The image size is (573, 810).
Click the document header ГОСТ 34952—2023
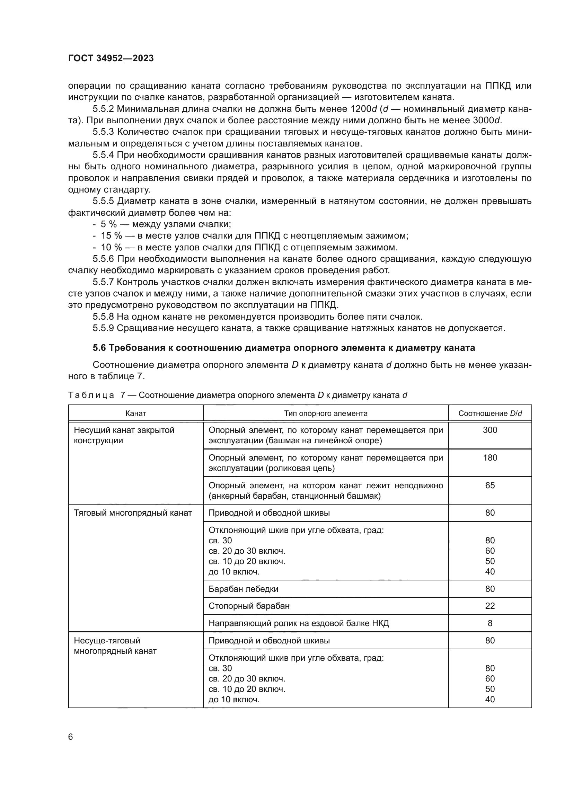point(111,59)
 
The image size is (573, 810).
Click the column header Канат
point(135,413)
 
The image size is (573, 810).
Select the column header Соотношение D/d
point(490,413)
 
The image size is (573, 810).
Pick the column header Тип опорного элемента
point(326,413)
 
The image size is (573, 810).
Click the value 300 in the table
point(490,430)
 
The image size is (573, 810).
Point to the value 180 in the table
point(490,457)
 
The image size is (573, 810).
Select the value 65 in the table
point(490,485)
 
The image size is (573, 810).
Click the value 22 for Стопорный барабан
point(490,606)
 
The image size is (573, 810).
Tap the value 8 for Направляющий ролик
point(490,623)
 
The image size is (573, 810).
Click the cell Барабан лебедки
point(244,588)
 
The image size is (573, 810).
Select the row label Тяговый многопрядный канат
point(133,513)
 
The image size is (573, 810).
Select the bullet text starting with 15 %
point(254,236)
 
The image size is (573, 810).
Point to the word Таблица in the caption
point(91,395)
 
